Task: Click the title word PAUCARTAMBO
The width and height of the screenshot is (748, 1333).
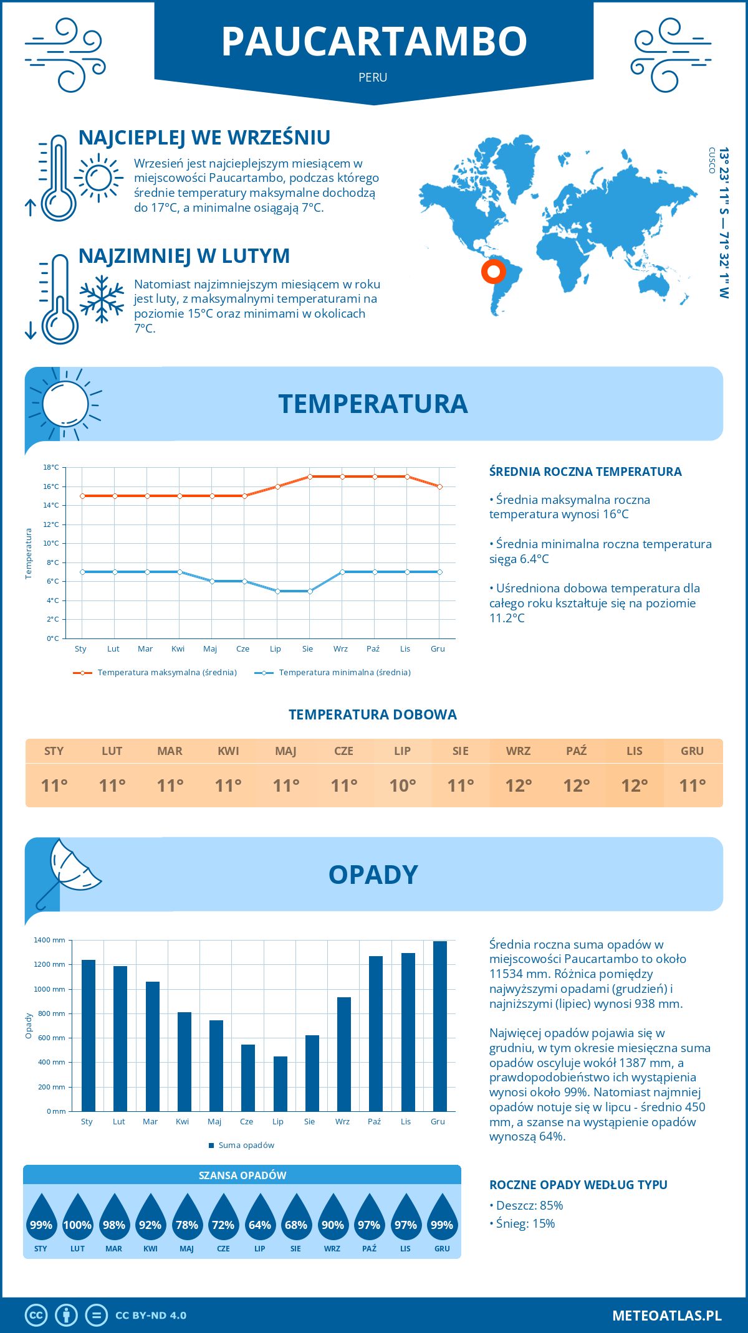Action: coord(374,42)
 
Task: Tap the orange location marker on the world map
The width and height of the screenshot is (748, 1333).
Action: coord(493,272)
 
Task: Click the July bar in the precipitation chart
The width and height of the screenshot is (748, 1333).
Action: coord(280,1084)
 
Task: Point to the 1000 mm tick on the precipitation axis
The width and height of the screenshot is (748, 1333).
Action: coord(50,989)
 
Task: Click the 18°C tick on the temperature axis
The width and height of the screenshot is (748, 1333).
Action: coord(51,467)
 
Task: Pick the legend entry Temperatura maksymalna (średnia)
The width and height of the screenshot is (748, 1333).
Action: coord(166,673)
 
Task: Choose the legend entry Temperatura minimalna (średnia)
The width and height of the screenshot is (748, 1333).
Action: coord(344,673)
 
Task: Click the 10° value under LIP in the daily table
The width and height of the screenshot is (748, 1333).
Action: coord(402,785)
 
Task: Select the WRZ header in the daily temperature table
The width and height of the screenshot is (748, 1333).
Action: coord(518,751)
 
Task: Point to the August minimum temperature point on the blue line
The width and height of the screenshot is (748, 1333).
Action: coord(310,591)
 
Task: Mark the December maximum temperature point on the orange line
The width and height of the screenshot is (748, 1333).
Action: coord(439,486)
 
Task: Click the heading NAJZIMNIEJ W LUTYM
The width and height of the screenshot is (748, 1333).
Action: coord(184,256)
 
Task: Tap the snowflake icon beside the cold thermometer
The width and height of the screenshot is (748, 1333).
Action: coord(102,298)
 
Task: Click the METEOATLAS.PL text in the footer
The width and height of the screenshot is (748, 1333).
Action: coord(666,1316)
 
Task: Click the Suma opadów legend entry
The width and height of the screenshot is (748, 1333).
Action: coord(246,1146)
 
